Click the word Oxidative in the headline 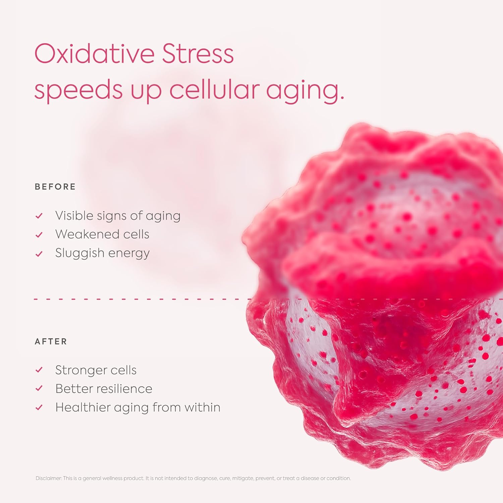pos(94,54)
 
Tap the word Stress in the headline pos(198,54)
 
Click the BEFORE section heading pos(55,187)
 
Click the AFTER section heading pos(51,342)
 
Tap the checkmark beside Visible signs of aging pos(39,216)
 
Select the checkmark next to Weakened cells pos(39,235)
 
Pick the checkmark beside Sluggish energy pos(39,254)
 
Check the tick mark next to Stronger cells pos(39,370)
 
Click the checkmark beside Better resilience pos(39,389)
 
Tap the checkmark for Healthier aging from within pos(39,407)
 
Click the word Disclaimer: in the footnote pos(49,478)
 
